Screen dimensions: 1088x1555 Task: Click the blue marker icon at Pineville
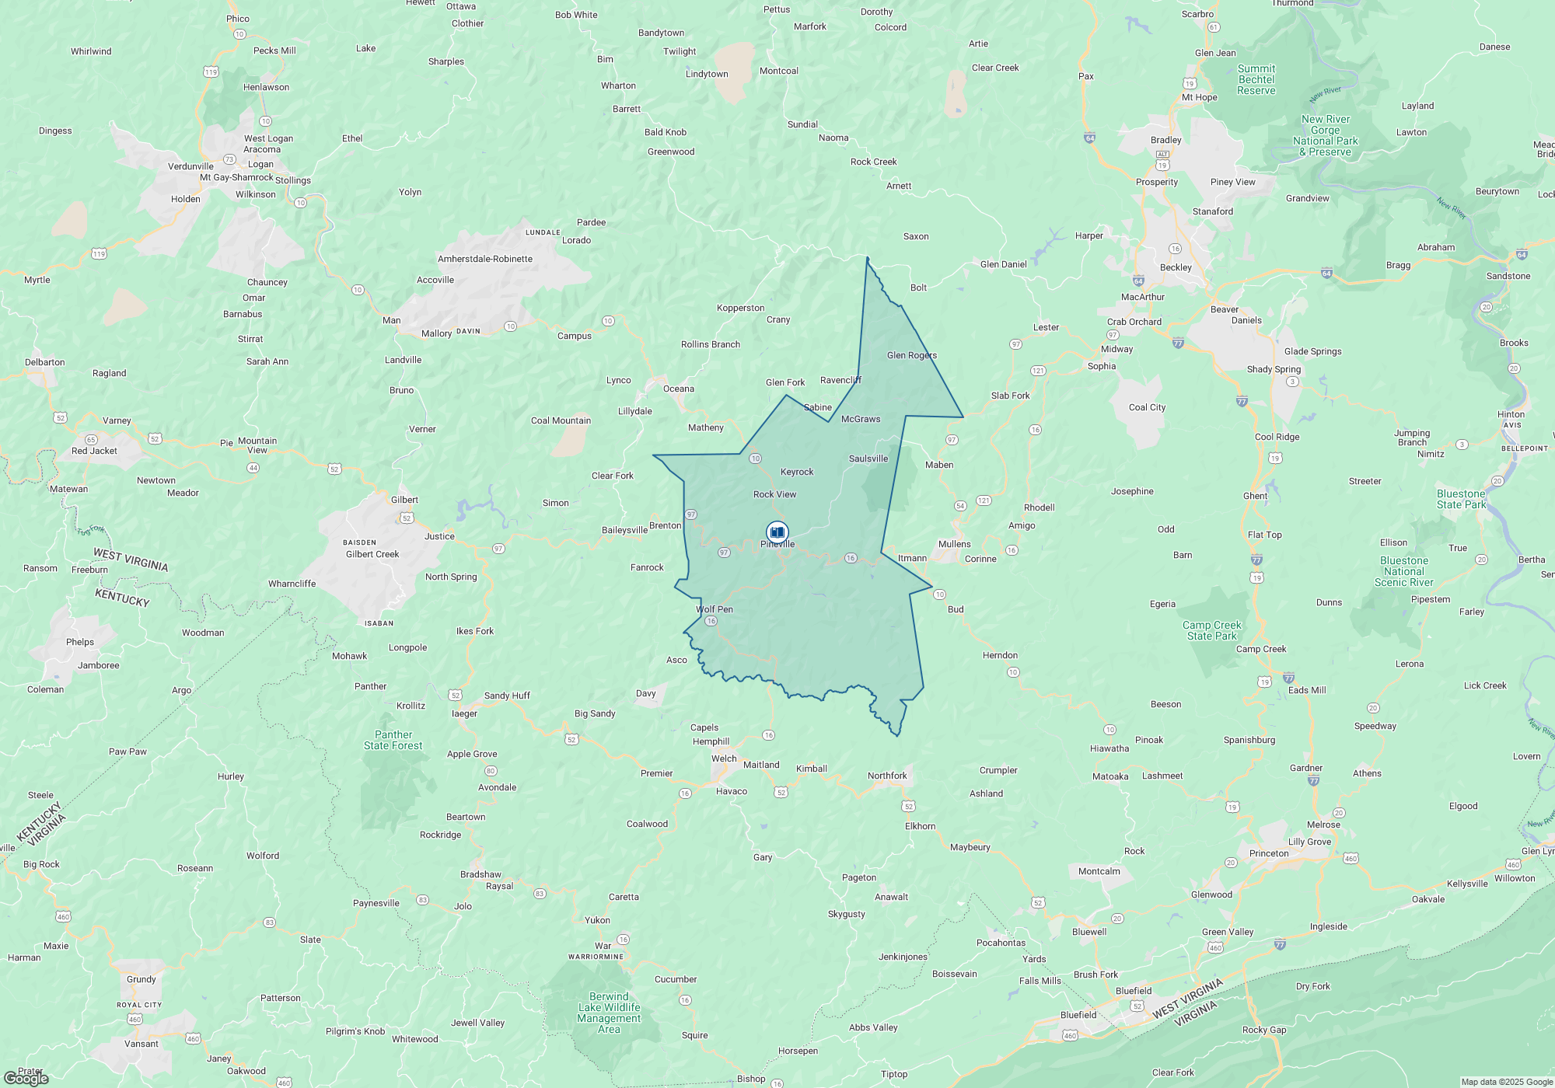[x=777, y=532]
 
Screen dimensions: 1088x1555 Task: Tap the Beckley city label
[x=1176, y=267]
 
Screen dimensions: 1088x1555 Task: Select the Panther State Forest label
[x=393, y=740]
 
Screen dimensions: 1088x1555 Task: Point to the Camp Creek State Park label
[x=1211, y=630]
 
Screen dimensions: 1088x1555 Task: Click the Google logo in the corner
[x=26, y=1078]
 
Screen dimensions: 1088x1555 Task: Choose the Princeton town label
[x=1269, y=853]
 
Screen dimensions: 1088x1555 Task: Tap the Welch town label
[x=724, y=758]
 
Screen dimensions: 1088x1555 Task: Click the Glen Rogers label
[x=912, y=355]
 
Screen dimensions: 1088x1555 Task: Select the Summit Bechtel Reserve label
[x=1256, y=79]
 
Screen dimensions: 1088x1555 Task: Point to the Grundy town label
[x=142, y=979]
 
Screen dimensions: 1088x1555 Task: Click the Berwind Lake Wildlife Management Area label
[x=609, y=1013]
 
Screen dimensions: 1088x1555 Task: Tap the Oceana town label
[x=679, y=389]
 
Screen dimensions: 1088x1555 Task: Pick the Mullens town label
[x=955, y=544]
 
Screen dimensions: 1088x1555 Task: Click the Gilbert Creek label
[x=372, y=554]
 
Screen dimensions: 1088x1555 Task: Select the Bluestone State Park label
[x=1461, y=499]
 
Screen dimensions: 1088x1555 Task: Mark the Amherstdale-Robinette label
[x=485, y=259]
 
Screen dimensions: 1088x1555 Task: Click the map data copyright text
[x=1507, y=1082]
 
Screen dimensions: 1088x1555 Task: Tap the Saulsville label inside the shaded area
[x=868, y=459]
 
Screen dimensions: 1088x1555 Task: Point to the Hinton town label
[x=1511, y=414]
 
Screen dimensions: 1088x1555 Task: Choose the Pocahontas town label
[x=1001, y=943]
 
